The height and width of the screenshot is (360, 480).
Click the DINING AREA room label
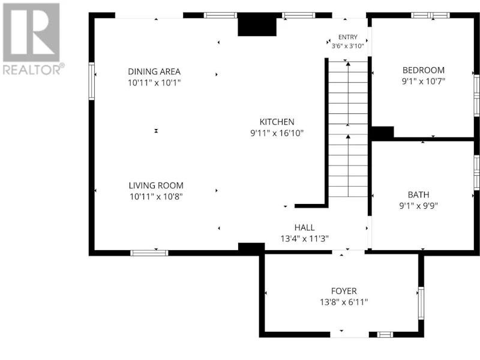(x=154, y=71)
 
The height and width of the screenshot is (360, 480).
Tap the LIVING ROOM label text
(x=156, y=185)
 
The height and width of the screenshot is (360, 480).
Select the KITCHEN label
(x=277, y=122)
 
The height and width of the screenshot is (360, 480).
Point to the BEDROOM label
(x=424, y=70)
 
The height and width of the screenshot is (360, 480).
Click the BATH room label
(x=418, y=194)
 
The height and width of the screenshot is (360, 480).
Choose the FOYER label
(x=344, y=291)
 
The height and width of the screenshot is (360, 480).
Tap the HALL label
(x=304, y=227)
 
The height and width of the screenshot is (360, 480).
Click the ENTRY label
(x=348, y=37)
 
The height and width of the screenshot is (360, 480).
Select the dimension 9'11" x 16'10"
(x=277, y=133)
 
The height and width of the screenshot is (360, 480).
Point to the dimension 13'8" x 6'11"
(x=344, y=302)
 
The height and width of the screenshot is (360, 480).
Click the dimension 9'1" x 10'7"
(x=424, y=82)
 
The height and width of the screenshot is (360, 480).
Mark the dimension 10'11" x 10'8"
(x=156, y=197)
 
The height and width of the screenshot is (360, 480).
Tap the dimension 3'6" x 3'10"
(x=348, y=46)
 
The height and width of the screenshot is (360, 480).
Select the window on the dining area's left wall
(x=92, y=81)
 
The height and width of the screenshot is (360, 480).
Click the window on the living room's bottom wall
(x=149, y=253)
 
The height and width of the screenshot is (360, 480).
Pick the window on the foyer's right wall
(x=421, y=304)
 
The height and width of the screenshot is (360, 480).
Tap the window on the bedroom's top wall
(x=430, y=16)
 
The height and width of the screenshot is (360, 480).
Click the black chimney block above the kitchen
(x=257, y=25)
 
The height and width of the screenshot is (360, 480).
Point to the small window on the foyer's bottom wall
(x=385, y=335)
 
